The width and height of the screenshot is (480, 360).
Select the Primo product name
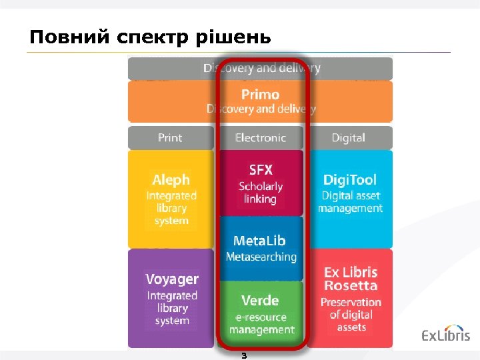260,95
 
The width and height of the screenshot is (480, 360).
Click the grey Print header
170,138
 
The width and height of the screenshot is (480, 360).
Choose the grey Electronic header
260,138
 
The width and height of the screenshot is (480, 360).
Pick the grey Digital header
349,138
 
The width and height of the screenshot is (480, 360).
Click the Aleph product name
171,180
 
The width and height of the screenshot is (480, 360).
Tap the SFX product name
260,170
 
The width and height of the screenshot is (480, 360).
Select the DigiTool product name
350,179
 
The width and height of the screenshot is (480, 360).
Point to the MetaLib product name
260,241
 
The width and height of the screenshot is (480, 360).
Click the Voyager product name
172,279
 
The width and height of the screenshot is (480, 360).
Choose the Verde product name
260,300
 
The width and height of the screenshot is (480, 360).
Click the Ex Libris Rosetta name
351,279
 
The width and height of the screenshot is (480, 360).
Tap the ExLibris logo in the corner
445,335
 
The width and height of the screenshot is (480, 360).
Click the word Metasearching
261,257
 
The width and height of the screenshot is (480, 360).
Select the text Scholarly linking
260,193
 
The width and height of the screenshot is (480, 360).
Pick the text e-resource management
261,323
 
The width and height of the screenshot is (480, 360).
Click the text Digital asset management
350,202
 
